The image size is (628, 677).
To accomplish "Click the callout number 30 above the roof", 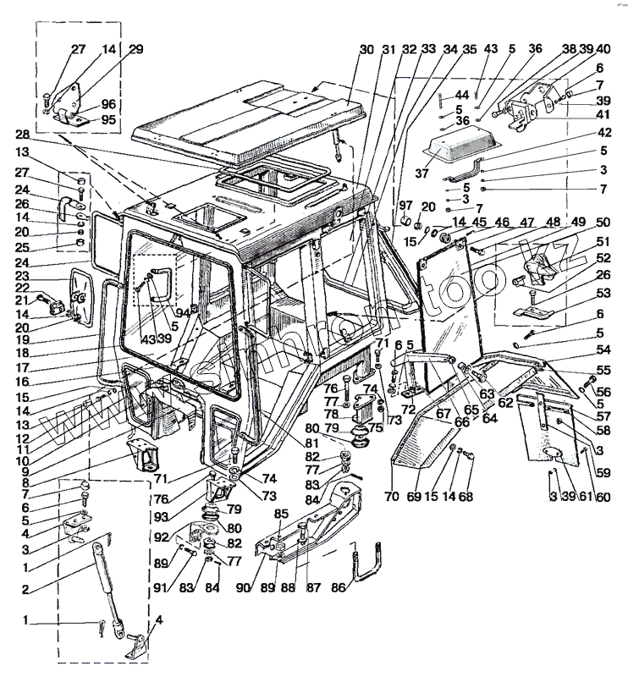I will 365,50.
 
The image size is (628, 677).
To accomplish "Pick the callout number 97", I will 405,206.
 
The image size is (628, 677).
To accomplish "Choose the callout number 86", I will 337,586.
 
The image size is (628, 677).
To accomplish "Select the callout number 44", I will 462,93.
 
